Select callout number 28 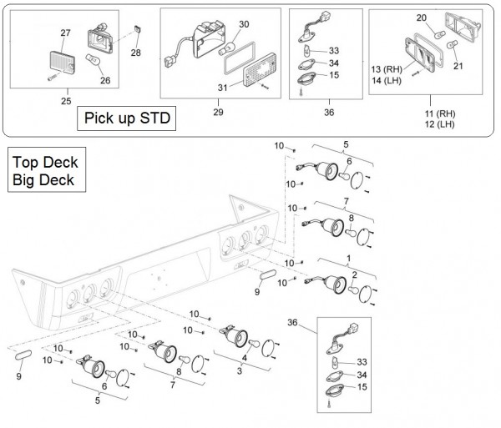(x=136, y=53)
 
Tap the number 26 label (x=104, y=81)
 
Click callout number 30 (x=243, y=25)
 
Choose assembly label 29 (x=220, y=111)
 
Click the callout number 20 (x=421, y=18)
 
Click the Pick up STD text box (x=126, y=118)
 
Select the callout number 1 (x=348, y=259)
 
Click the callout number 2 (x=355, y=274)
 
